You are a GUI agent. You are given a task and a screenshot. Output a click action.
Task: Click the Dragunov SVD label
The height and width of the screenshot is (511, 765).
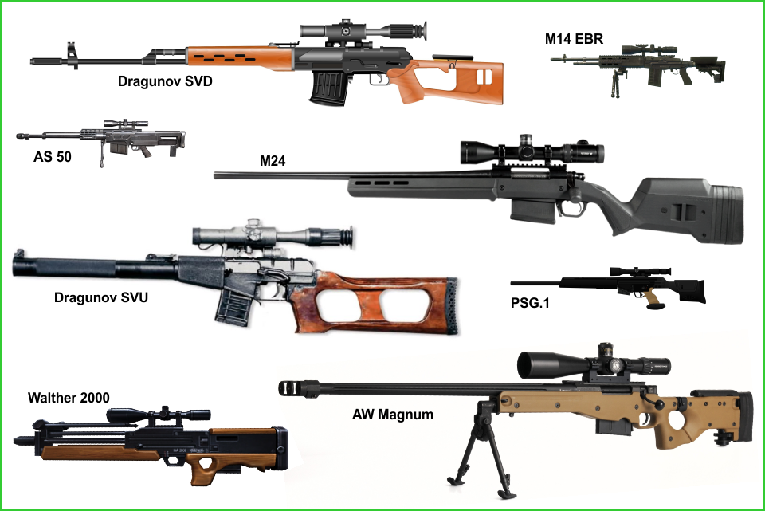coord(165,81)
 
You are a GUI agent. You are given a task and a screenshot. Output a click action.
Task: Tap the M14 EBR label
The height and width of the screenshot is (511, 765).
coord(574,39)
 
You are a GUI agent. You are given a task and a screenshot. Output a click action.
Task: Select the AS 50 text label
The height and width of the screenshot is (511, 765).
coord(53,157)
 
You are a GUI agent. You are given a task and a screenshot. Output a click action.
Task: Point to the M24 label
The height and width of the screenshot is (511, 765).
coord(273,161)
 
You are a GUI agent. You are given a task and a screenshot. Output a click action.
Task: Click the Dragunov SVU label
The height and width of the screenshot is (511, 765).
coord(101,297)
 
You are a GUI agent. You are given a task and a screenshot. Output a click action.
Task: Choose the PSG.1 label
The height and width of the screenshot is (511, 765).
coord(530,303)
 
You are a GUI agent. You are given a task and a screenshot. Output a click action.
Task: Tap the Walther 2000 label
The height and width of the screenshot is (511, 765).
coord(69,398)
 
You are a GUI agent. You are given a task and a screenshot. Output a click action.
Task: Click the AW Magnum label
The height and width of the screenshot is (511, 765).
coord(393,415)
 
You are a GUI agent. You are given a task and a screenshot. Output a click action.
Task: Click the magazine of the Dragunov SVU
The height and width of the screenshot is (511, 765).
coord(234,305)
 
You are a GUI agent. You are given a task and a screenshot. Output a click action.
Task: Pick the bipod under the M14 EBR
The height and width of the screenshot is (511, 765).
coord(613,82)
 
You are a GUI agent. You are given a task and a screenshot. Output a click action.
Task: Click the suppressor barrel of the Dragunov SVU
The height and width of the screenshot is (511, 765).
coord(92,268)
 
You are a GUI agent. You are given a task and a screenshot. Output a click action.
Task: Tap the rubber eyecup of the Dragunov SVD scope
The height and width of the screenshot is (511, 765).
coord(420,31)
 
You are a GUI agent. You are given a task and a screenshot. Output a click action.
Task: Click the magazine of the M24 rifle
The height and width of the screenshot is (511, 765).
coord(533,210)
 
